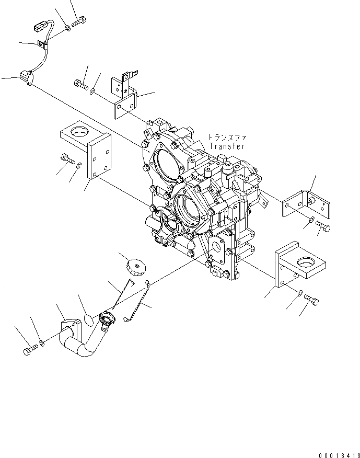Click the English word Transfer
tap(227, 147)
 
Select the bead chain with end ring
tap(138, 303)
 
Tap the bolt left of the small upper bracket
tap(80, 83)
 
